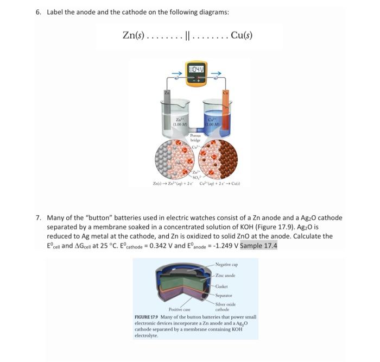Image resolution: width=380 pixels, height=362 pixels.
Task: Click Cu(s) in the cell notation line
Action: pos(242,35)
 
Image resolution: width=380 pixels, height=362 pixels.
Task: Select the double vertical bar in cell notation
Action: pos(186,36)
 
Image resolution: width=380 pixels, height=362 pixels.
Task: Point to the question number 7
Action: pos(39,217)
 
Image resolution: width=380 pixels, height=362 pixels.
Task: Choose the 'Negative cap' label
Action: pos(227,264)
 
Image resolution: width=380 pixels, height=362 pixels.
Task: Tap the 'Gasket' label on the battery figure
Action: pos(221,285)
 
